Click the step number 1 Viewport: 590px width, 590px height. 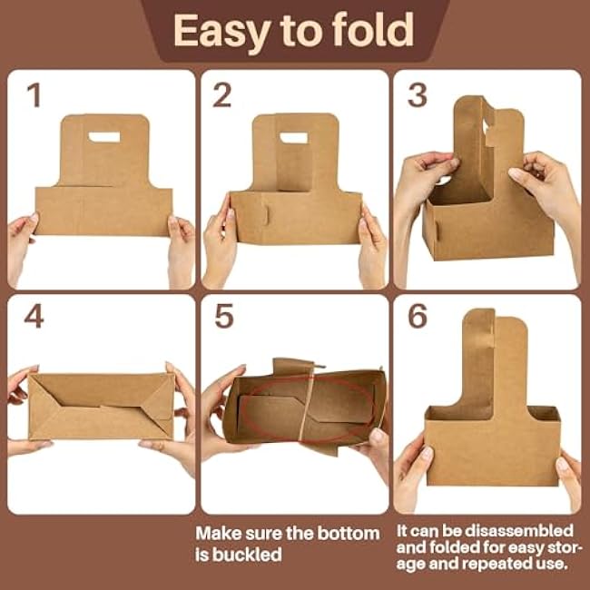pos(34,94)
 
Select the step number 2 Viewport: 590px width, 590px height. pos(222,94)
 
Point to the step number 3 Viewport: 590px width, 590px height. pos(418,94)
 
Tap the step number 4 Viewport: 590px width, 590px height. pos(34,316)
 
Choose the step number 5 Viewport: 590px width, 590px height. pos(224,316)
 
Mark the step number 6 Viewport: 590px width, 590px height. pos(418,316)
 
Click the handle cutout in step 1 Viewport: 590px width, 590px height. pos(104,137)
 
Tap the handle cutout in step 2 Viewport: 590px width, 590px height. pos(293,138)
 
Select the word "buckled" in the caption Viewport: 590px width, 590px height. pos(247,555)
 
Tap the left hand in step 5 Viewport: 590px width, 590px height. pos(221,414)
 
